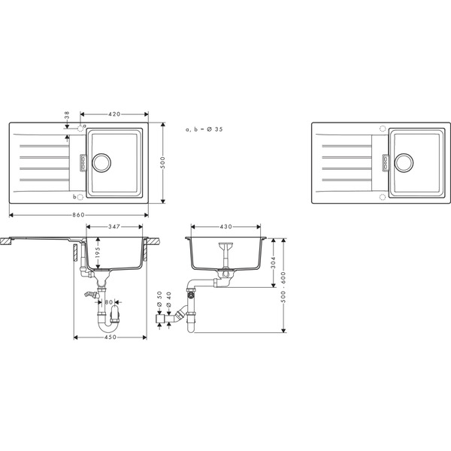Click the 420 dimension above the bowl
(115, 114)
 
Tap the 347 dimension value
(115, 225)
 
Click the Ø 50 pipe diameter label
(159, 298)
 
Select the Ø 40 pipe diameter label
(169, 298)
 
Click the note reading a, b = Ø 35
(204, 129)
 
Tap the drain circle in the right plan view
(404, 161)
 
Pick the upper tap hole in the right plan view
(383, 129)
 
